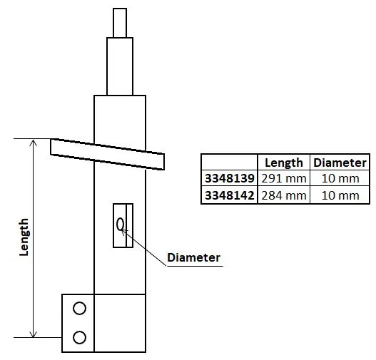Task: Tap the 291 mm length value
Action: click(284, 179)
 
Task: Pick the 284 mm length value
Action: click(284, 195)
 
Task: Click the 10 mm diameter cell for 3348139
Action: click(340, 179)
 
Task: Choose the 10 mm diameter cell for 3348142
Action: click(340, 195)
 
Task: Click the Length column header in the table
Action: click(284, 163)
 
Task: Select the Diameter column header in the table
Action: click(340, 163)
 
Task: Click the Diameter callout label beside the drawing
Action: click(193, 257)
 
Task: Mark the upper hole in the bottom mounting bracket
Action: click(79, 309)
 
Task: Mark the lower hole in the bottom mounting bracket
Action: click(79, 336)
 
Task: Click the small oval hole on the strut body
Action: click(121, 225)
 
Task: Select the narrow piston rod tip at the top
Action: click(120, 22)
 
